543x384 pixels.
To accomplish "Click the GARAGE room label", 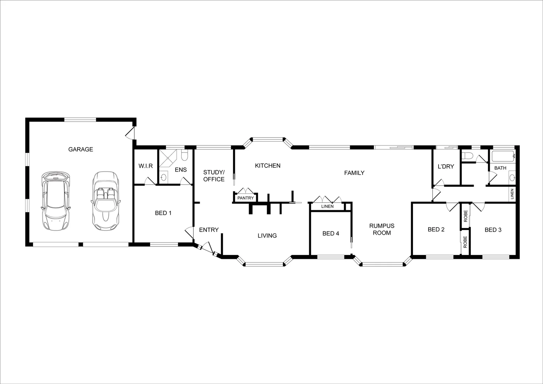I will [x=81, y=149].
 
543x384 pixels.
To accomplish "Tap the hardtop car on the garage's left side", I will [x=55, y=201].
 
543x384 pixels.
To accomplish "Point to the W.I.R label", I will [x=146, y=166].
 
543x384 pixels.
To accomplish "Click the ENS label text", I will [x=181, y=170].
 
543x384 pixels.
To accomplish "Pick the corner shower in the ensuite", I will [x=167, y=158].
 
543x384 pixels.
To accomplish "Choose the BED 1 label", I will [x=163, y=213].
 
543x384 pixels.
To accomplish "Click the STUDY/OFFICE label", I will [x=214, y=176].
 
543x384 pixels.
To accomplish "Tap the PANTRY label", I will [x=246, y=198].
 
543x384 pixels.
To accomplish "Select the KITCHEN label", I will [x=268, y=166].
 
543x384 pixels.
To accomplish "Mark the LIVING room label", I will [x=267, y=235].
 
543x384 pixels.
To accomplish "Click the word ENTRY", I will [x=209, y=230].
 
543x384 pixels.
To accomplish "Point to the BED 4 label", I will [x=330, y=233].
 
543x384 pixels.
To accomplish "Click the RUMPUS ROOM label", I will [x=381, y=229].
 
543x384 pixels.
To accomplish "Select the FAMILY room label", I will [x=354, y=173].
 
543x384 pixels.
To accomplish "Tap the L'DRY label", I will [x=446, y=166].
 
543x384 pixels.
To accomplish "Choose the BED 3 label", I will [x=493, y=230].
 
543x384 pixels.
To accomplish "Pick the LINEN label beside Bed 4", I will [x=327, y=207].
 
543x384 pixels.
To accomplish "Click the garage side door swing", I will [x=130, y=133].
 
